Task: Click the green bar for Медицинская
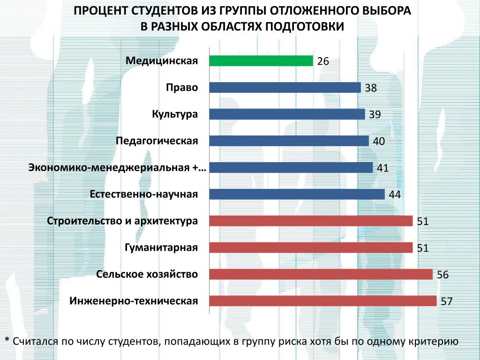coord(261,61)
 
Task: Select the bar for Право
coord(285,88)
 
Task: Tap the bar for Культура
coord(287,114)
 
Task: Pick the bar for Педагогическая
coord(289,141)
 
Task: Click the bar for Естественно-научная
coord(297,194)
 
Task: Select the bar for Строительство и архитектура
coord(311,221)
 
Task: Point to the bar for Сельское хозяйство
coord(321,274)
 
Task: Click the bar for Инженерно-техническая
coord(322,300)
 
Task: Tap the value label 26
coord(323,61)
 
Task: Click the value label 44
coord(395,195)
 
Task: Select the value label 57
coord(446,301)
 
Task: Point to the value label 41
coord(383,168)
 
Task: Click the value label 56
coord(442,275)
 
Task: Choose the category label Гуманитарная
coord(161,247)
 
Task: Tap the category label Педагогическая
coord(157,141)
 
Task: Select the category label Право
coord(182,88)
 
